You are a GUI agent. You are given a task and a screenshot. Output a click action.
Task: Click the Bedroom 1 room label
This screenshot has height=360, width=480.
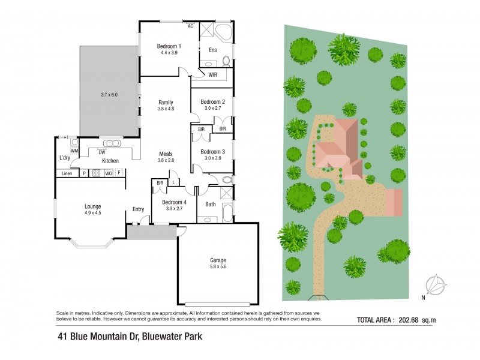(x=169, y=46)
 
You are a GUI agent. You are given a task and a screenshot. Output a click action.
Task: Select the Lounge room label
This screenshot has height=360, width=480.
(x=92, y=206)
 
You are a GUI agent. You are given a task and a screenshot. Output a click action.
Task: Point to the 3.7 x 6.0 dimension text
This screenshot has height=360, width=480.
(x=110, y=95)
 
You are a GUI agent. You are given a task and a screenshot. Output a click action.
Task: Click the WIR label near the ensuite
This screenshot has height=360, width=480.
(x=213, y=75)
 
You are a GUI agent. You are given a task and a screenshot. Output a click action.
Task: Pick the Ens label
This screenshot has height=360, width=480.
(x=212, y=50)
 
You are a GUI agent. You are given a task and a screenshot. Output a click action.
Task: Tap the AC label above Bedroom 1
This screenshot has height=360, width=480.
(x=190, y=26)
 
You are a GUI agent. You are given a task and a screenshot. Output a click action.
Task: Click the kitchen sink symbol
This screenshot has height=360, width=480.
(x=112, y=143)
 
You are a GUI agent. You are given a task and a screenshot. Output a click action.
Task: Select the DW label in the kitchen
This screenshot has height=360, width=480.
(x=102, y=152)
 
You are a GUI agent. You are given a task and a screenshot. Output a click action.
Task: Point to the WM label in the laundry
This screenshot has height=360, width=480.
(x=74, y=150)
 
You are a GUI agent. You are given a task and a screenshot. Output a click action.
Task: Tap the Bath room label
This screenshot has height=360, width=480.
(x=210, y=204)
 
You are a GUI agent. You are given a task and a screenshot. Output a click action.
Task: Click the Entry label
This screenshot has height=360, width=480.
(x=139, y=209)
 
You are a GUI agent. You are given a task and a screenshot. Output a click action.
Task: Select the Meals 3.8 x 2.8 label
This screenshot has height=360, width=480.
(x=166, y=157)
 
